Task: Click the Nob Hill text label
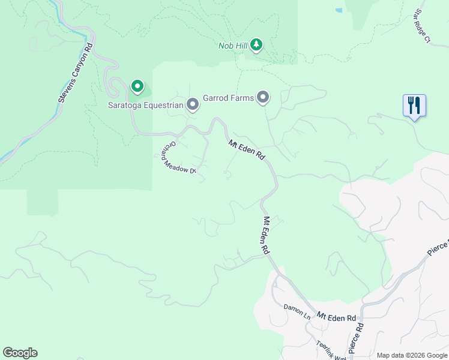click(x=232, y=46)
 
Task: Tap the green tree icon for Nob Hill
click(x=257, y=45)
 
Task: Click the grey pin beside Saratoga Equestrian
click(x=193, y=105)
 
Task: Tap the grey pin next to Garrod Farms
click(x=263, y=97)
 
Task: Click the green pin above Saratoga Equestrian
click(x=137, y=87)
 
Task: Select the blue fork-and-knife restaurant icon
click(x=414, y=106)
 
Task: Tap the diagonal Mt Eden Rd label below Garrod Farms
click(x=247, y=149)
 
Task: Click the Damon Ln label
click(x=297, y=310)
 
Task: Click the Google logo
click(x=20, y=353)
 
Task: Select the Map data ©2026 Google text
click(x=411, y=355)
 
